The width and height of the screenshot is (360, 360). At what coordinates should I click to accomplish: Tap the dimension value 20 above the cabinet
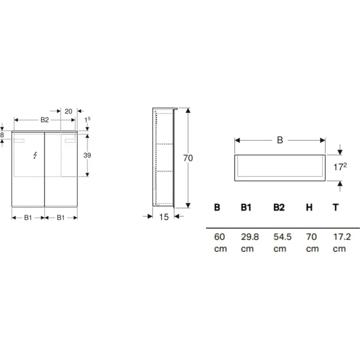[x=68, y=111]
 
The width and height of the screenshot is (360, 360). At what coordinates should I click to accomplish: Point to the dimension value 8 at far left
[x=2, y=135]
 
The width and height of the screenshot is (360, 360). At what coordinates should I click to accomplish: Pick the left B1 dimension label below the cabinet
[x=28, y=218]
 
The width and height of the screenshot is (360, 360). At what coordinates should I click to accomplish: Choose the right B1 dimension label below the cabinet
[x=61, y=218]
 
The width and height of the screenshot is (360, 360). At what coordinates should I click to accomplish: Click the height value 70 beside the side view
[x=188, y=158]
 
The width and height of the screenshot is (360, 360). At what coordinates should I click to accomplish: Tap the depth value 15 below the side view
[x=163, y=217]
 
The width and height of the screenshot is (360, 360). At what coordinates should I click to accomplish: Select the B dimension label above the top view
[x=280, y=140]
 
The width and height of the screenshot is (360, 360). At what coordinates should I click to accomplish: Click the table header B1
[x=246, y=207]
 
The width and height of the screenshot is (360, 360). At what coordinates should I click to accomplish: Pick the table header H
[x=309, y=207]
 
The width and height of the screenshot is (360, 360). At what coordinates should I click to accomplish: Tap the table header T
[x=335, y=207]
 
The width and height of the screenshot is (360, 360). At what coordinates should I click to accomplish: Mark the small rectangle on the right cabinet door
[x=70, y=141]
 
